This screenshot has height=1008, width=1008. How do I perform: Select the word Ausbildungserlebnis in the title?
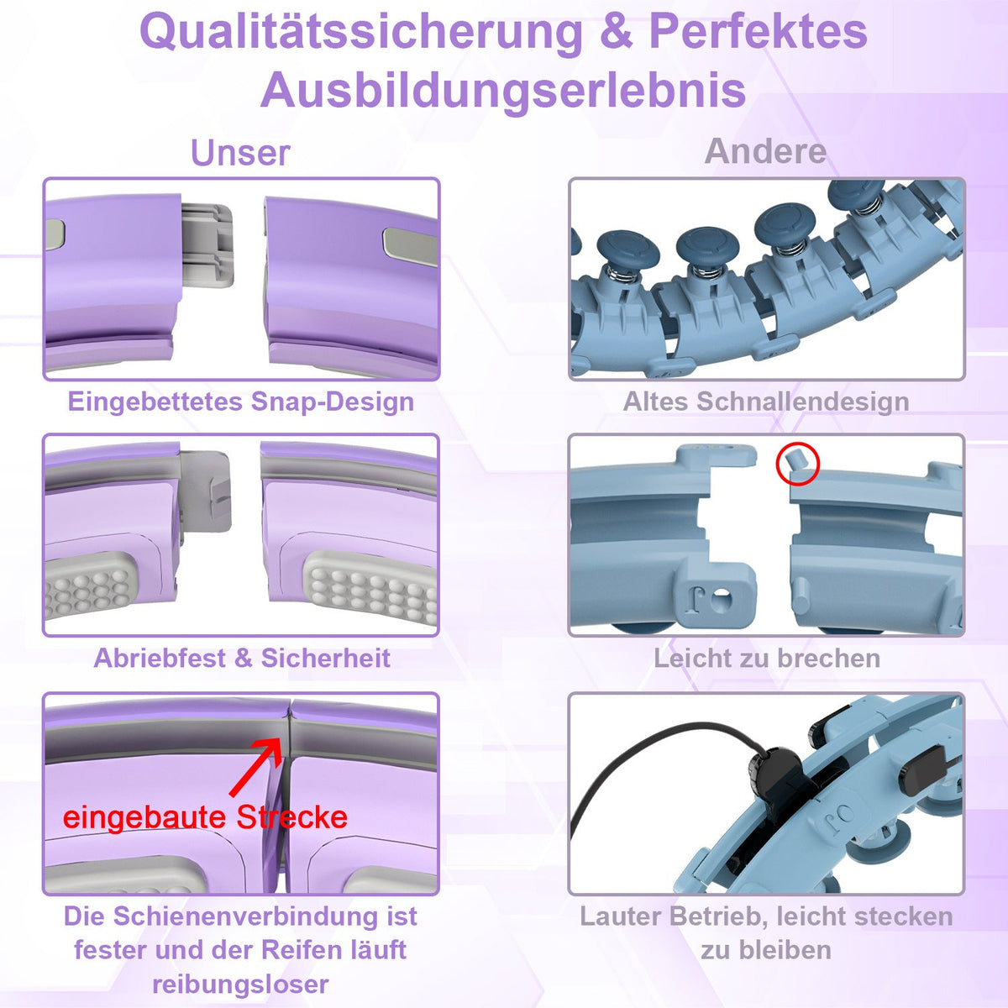(503, 91)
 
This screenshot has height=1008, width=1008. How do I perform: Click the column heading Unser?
(240, 153)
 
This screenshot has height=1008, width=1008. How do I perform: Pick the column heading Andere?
(765, 152)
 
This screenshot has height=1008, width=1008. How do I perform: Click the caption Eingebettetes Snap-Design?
(241, 402)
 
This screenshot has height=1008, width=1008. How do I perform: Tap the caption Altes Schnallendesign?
(765, 402)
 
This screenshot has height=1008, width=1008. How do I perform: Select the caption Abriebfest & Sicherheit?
(242, 658)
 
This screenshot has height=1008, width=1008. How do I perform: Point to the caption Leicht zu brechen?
(767, 658)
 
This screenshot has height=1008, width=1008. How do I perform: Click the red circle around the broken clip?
(797, 464)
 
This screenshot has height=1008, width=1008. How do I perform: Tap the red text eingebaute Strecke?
(205, 817)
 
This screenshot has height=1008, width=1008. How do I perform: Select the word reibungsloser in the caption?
(240, 984)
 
